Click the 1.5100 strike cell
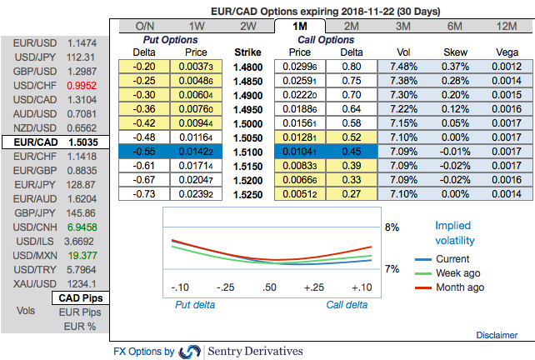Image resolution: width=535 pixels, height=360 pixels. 248,152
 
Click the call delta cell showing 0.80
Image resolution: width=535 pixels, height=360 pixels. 351,67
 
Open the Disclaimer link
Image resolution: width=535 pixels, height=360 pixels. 496,334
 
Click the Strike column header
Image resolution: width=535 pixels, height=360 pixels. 248,52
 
